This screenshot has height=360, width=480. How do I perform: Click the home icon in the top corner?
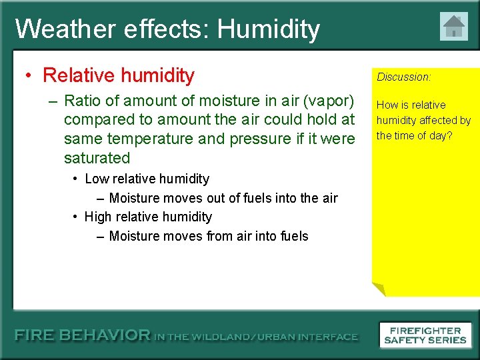453,27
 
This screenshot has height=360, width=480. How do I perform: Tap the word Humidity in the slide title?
269,29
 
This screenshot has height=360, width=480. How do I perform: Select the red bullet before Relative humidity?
30,75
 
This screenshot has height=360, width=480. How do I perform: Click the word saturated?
97,158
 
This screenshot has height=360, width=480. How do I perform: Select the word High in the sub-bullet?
99,217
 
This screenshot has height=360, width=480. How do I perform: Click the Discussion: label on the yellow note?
404,77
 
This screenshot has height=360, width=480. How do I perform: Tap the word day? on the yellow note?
440,135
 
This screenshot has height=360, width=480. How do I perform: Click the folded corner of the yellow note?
378,289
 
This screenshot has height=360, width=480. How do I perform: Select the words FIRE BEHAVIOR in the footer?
83,335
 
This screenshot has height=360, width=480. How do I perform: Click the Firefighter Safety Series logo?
425,335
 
